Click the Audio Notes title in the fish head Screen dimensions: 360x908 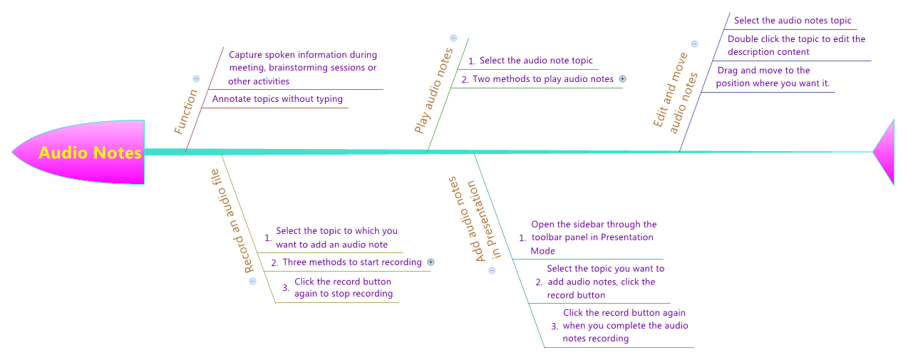pos(90,153)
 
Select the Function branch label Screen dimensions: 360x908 pos(186,112)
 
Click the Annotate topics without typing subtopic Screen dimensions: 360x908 pos(277,99)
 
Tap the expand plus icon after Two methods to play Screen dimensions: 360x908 pos(622,79)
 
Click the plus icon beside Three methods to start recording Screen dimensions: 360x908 pos(430,262)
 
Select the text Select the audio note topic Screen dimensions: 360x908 pos(535,61)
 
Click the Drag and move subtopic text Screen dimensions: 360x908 pos(773,77)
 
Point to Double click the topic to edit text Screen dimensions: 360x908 pos(796,46)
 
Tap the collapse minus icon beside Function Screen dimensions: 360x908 pos(196,79)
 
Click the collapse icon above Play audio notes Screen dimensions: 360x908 pos(453,38)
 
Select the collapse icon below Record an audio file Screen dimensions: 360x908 pos(252,281)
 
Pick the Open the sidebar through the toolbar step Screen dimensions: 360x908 pos(593,237)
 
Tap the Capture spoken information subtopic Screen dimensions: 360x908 pos(302,68)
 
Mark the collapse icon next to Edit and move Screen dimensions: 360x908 pos(694,43)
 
